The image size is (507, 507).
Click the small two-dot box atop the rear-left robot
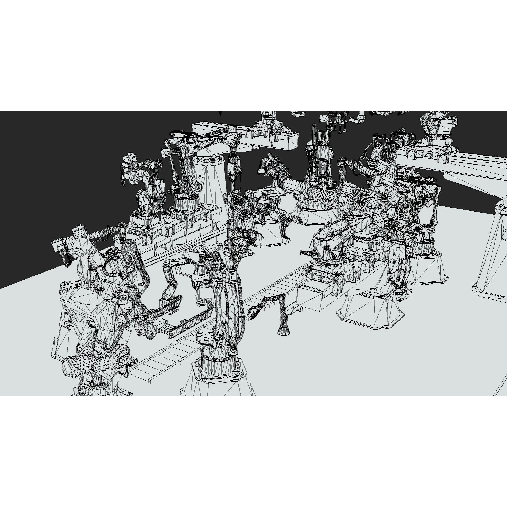131,158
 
